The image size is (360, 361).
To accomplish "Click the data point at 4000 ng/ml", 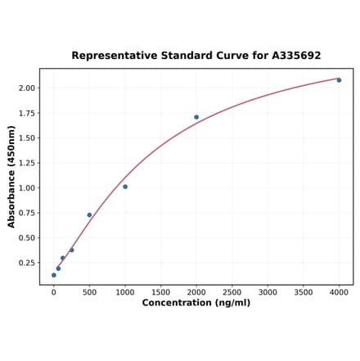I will [339, 80].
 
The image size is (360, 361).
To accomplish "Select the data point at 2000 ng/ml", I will [196, 117].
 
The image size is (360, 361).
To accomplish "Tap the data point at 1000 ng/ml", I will [125, 187].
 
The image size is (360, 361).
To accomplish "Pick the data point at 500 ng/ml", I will [89, 215].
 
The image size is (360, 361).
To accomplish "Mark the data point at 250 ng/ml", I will [72, 250].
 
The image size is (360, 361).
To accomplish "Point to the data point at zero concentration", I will [54, 275].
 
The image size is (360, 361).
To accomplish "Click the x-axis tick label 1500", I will [160, 291].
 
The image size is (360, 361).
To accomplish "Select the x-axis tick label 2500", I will [232, 291].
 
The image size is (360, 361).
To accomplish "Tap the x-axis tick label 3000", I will [268, 291].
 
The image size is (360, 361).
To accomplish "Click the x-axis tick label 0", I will [54, 291].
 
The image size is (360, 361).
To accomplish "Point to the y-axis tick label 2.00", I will [27, 88].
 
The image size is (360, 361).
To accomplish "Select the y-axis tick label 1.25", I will [27, 163].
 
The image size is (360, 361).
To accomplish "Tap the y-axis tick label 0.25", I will [27, 263].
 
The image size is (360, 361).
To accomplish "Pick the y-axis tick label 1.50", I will [27, 138].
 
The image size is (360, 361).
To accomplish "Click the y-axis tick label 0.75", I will [27, 213].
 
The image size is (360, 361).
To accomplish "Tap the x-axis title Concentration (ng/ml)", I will [196, 303].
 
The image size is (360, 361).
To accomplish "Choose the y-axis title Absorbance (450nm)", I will [11, 176].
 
